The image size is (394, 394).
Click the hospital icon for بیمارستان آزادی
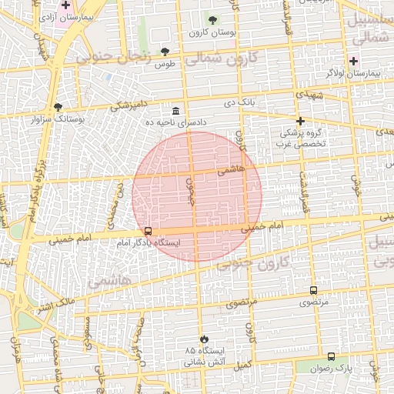tap(66, 5)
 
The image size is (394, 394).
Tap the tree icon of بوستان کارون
tap(213, 21)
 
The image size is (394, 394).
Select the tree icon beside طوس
tap(165, 52)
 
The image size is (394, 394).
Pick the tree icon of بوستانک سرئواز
tap(58, 107)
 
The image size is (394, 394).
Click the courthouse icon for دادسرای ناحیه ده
tap(177, 111)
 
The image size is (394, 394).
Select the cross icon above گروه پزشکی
tap(301, 121)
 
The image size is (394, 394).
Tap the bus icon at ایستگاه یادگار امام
tap(148, 231)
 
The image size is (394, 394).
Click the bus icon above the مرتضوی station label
tap(313, 290)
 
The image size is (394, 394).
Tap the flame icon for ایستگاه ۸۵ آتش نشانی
tap(204, 339)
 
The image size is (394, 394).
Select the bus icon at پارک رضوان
tap(331, 356)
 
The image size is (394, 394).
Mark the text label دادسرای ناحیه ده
tap(178, 122)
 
